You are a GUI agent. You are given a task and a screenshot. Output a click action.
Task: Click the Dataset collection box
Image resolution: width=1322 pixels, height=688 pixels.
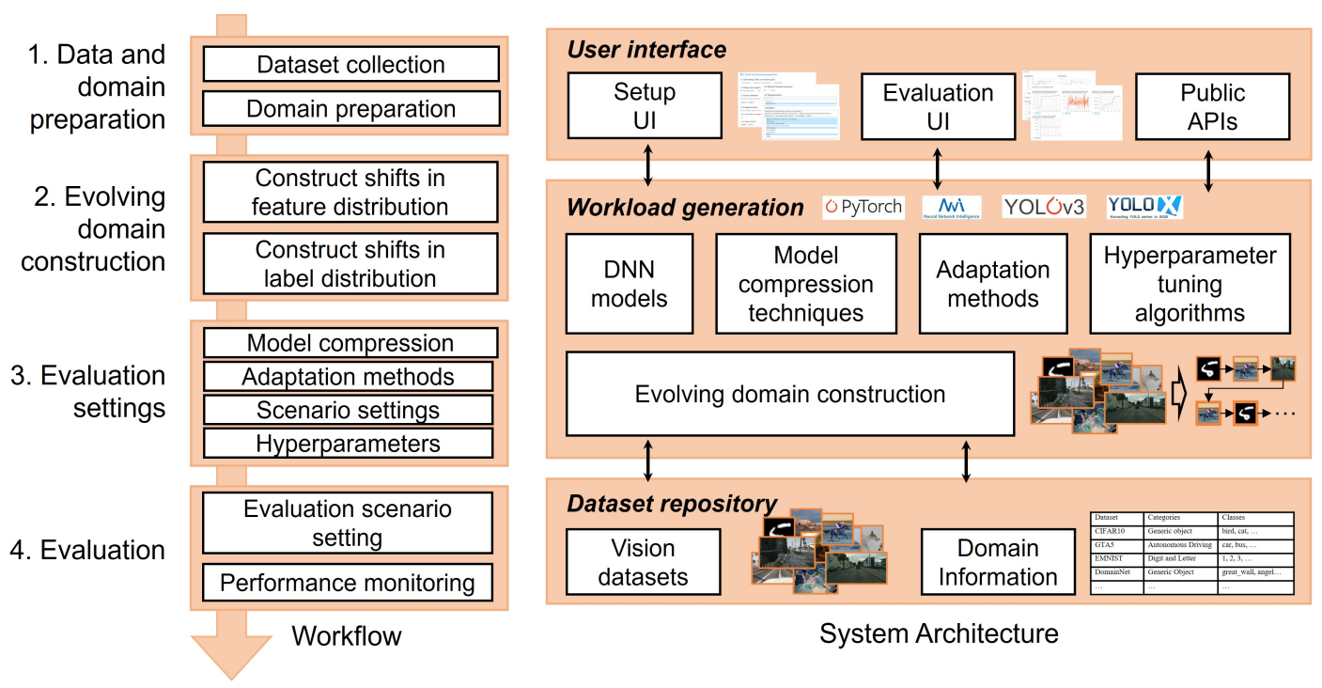[x=350, y=65]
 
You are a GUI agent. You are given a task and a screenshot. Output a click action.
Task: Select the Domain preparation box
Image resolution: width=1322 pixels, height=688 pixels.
[x=350, y=109]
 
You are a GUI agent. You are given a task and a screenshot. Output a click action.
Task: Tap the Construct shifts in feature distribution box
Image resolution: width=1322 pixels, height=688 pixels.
[x=350, y=193]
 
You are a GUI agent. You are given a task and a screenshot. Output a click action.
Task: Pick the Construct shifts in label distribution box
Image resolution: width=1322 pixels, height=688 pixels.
[x=350, y=265]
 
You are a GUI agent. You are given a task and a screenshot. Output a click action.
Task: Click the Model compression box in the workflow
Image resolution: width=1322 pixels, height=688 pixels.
[x=350, y=343]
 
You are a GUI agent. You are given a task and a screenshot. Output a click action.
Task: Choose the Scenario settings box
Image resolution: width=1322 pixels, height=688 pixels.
[x=348, y=411]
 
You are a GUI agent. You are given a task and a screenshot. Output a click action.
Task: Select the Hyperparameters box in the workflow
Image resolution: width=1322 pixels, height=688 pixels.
[x=348, y=444]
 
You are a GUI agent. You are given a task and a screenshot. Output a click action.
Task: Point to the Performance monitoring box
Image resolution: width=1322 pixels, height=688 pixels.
[x=348, y=583]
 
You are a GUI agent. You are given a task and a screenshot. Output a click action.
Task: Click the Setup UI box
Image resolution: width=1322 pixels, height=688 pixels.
[x=645, y=107]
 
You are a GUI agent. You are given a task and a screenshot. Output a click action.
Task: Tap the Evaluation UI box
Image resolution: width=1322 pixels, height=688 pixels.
[x=938, y=107]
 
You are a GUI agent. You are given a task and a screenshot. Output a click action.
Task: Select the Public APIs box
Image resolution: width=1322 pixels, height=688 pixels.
[x=1212, y=107]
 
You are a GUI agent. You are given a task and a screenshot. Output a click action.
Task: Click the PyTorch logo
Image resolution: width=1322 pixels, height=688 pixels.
[x=863, y=207]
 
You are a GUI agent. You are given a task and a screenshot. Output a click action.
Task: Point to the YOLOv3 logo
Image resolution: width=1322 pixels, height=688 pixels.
[x=1044, y=207]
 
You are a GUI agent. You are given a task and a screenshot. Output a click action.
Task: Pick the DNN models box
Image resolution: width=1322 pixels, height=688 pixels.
[x=630, y=284]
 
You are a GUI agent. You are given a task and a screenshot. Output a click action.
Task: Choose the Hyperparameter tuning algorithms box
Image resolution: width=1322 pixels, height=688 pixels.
[x=1190, y=284]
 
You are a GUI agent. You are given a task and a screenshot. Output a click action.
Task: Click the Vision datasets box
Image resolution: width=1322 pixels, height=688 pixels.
[x=644, y=562]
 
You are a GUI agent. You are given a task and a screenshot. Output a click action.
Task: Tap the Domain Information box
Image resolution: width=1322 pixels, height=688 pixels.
[x=998, y=562]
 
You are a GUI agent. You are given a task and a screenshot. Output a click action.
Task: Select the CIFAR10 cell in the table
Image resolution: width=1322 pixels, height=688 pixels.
[x=1115, y=531]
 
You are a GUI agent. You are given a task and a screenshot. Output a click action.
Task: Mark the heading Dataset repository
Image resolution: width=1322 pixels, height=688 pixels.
[x=672, y=504]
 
